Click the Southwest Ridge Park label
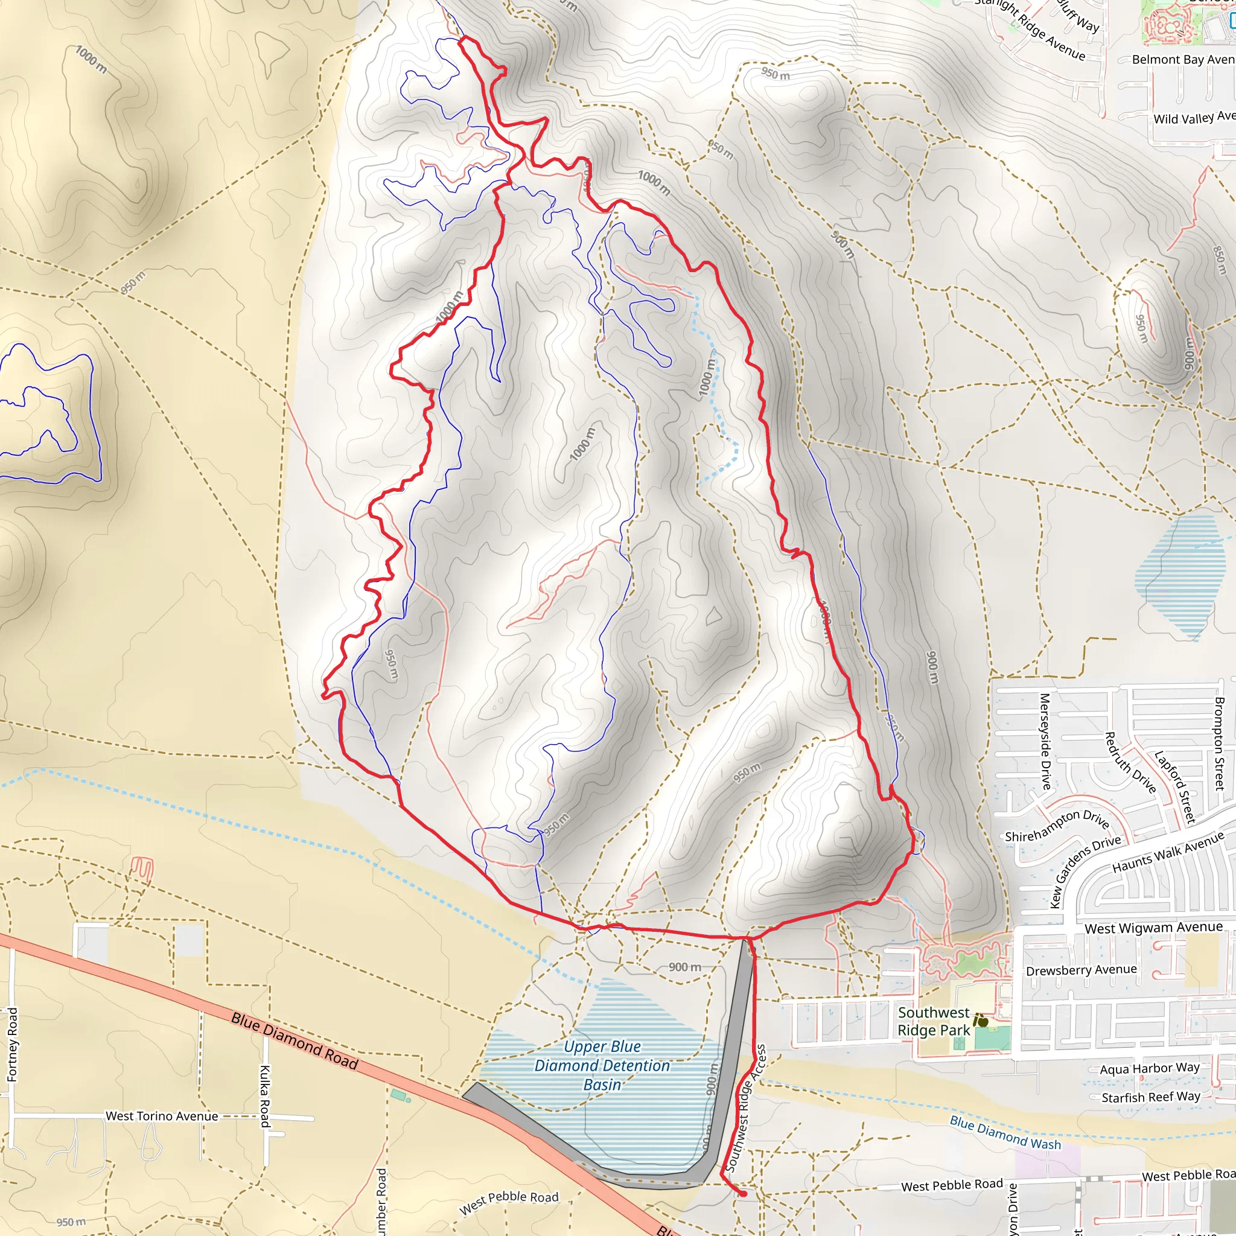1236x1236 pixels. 934,1021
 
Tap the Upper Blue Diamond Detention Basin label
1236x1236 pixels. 602,1065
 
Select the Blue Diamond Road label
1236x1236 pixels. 295,1041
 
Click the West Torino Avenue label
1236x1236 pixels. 162,1116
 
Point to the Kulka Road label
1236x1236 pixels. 265,1096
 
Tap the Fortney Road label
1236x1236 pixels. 13,1045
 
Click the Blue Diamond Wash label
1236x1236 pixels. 1004,1132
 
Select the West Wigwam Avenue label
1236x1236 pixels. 1153,928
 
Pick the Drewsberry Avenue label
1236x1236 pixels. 1081,970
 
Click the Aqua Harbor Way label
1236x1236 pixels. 1150,1068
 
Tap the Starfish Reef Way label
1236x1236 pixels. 1150,1097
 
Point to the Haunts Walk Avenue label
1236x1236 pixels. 1168,852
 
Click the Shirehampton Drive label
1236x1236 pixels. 1056,827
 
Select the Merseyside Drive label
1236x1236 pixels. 1045,742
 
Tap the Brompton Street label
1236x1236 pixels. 1218,744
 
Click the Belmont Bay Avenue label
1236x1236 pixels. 1182,60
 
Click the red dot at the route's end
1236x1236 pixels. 744,1194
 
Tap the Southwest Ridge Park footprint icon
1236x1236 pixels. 981,1022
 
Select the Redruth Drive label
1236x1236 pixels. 1130,763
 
